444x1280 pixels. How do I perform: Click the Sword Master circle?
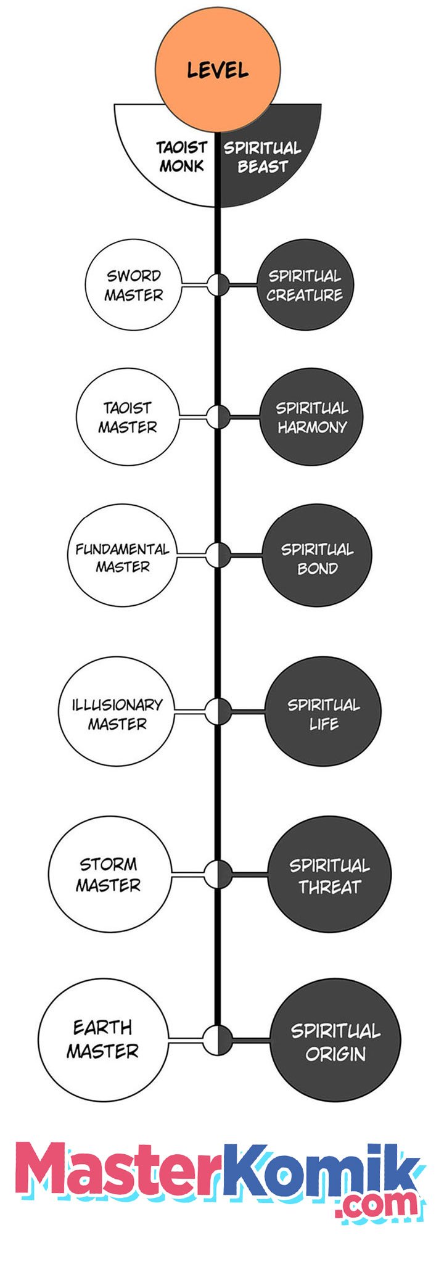point(133,285)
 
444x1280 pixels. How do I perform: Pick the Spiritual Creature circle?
point(303,285)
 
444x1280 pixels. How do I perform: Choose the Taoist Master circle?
point(128,417)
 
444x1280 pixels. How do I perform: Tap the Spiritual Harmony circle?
point(311,417)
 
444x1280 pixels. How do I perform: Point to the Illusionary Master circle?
point(117,712)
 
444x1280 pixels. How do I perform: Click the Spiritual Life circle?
point(323,712)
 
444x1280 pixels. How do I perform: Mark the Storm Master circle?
point(109,874)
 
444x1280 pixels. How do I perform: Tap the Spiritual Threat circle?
point(330,874)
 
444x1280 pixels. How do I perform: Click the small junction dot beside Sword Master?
point(218,285)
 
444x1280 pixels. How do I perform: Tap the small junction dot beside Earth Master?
point(218,1040)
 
